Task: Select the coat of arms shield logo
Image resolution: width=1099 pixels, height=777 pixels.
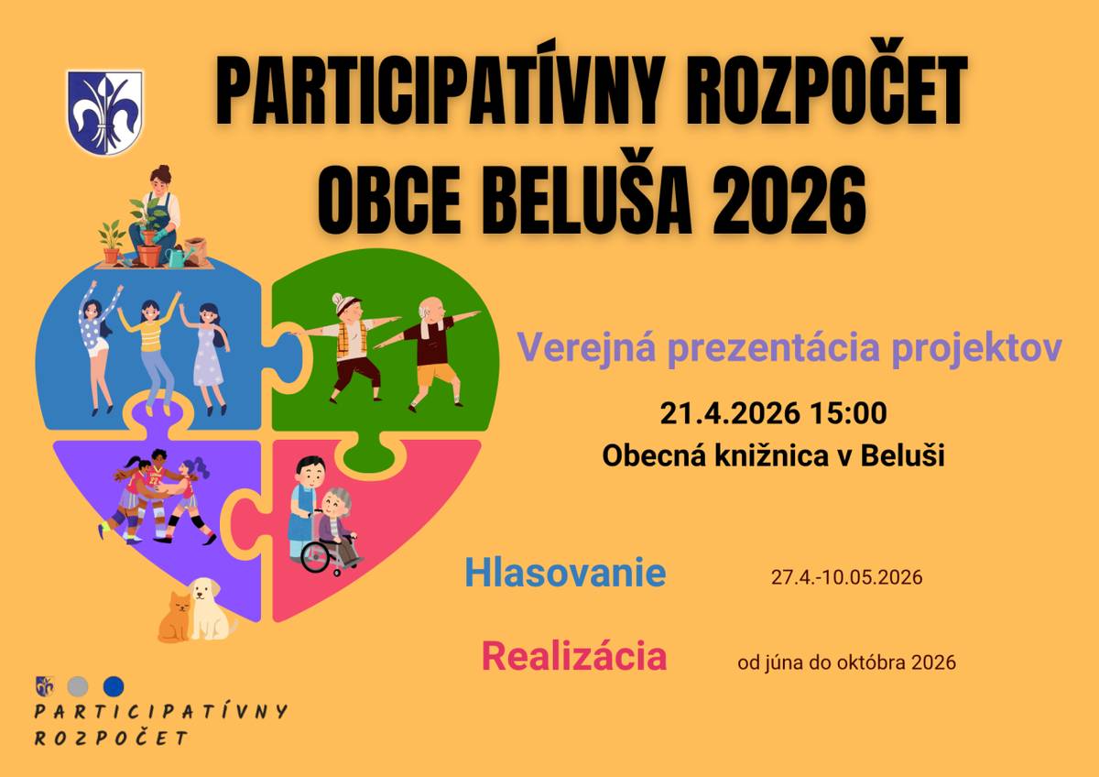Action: [104, 112]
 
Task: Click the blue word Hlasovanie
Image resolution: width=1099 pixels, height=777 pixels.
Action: [565, 574]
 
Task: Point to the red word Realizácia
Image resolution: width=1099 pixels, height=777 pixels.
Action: [574, 657]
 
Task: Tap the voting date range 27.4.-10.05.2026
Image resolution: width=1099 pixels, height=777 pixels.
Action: [846, 578]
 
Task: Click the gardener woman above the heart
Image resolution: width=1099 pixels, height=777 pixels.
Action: [156, 215]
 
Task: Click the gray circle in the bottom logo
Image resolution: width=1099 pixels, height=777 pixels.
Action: [78, 685]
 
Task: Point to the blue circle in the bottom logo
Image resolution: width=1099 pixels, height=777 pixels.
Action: [113, 685]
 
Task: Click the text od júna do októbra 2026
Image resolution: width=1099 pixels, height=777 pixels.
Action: [846, 662]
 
